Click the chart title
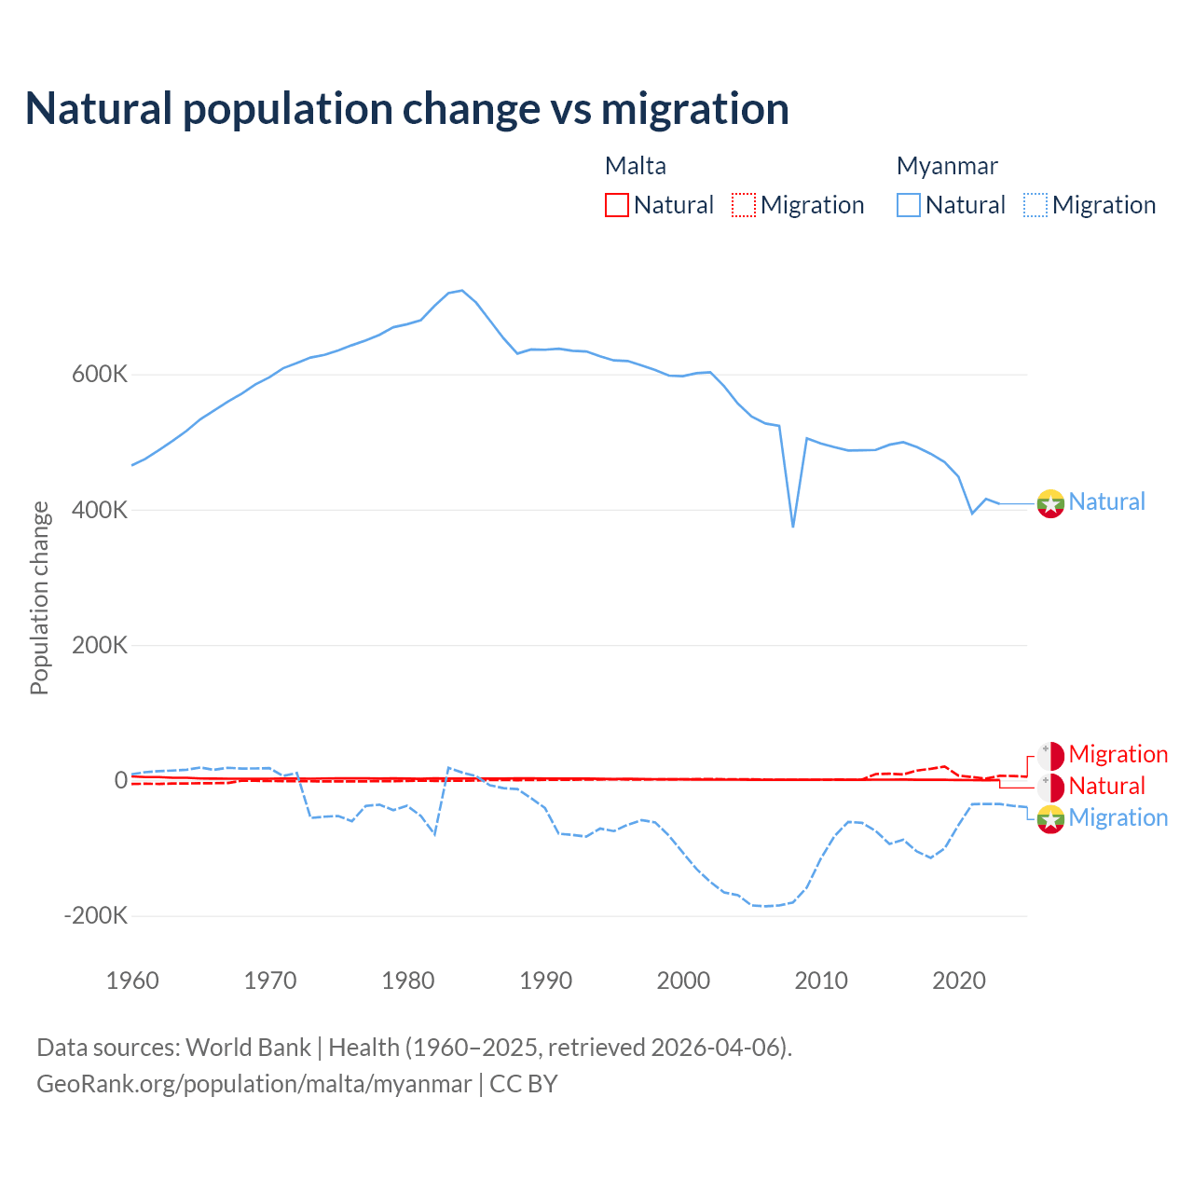(x=407, y=109)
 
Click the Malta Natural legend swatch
(x=617, y=205)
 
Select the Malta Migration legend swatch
(x=744, y=205)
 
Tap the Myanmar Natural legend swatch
(x=909, y=205)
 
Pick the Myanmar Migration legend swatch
(x=1035, y=205)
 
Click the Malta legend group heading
(x=636, y=166)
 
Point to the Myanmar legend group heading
(x=947, y=166)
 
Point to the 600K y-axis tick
(x=100, y=375)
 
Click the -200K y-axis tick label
(x=96, y=916)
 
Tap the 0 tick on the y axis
(x=120, y=780)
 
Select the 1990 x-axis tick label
(x=546, y=980)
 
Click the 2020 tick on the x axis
(x=959, y=980)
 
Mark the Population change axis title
(x=39, y=598)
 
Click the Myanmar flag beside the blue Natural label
(x=1050, y=503)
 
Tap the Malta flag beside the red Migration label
(x=1050, y=756)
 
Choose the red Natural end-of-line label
(x=1106, y=786)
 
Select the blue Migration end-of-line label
(x=1118, y=817)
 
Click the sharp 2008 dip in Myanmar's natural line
(x=793, y=526)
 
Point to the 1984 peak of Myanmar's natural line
(x=462, y=291)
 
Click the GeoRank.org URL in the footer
(x=254, y=1084)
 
